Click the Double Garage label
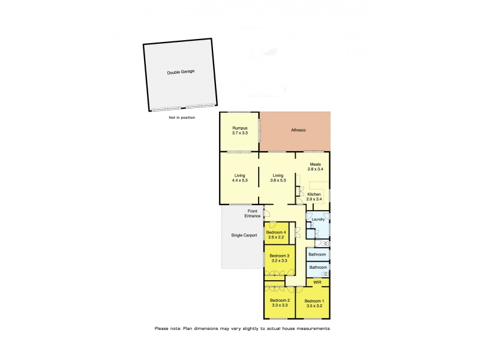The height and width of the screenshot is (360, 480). coord(181,71)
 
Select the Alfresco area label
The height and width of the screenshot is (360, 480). coord(298,130)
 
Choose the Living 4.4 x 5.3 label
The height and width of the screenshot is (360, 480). coord(240,178)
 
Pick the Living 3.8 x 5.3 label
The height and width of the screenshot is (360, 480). coord(278,178)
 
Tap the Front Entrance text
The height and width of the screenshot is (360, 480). coord(252,213)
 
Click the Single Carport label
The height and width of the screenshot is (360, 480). coord(244,235)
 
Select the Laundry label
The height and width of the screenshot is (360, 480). coord(318,220)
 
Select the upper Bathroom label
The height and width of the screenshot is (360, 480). coord(318,254)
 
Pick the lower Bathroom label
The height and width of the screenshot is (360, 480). coord(318,268)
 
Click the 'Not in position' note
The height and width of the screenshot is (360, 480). coord(182,118)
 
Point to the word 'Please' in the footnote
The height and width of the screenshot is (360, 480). coord(162,328)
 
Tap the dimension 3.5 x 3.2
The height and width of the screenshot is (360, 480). coord(314,305)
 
